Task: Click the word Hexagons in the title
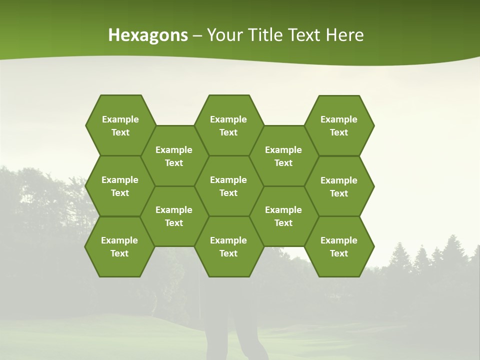pos(148,35)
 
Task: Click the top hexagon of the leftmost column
pos(120,125)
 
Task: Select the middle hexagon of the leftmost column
pos(120,186)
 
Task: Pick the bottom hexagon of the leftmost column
pos(119,246)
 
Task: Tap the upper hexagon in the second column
pos(174,156)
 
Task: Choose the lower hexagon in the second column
pos(174,216)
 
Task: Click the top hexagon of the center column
pos(228,125)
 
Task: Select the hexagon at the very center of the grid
pos(228,186)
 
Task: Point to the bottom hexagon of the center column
pos(228,246)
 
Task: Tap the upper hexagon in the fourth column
pos(283,156)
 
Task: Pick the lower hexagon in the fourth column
pos(283,216)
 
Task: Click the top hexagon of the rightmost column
pos(339,125)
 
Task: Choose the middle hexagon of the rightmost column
pos(339,186)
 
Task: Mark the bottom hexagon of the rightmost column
pos(339,246)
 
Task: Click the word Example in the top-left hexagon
pos(120,119)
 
